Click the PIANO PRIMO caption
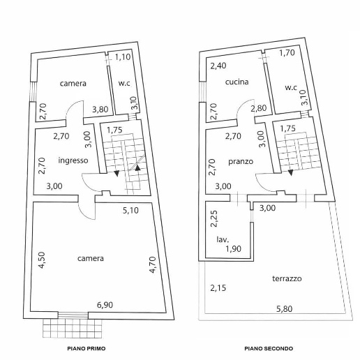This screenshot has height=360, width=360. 87,349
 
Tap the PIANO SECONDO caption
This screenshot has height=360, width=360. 269,349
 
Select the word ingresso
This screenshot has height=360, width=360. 73,160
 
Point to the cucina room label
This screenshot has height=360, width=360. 237,82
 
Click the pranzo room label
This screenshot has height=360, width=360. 241,162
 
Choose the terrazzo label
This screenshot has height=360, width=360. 287,278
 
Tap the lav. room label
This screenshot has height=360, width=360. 223,239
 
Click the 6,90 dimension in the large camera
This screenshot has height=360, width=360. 105,305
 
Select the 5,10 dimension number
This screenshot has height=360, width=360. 130,211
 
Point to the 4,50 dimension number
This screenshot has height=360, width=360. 41,260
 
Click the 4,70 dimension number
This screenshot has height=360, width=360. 152,264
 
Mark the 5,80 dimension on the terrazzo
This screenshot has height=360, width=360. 285,309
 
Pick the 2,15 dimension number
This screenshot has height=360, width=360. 218,288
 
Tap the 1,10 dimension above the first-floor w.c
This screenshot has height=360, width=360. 123,57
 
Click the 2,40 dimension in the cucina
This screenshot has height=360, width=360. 218,66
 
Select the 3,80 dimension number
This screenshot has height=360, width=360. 100,110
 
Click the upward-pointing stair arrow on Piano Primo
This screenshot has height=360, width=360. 137,167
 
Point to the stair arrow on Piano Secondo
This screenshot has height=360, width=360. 291,172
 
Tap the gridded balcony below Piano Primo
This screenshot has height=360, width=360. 73,328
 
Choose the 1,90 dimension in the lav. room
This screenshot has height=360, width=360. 234,249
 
